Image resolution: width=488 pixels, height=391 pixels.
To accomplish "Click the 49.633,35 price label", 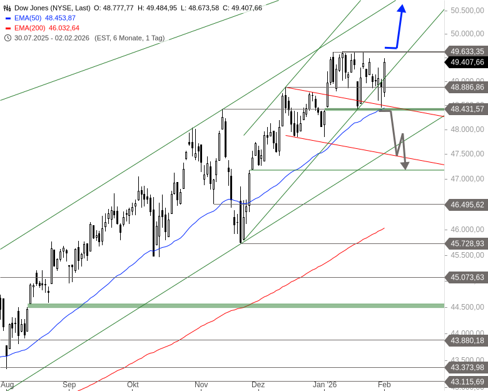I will click(467, 51).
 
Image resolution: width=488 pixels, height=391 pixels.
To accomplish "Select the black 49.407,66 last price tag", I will click(467, 62).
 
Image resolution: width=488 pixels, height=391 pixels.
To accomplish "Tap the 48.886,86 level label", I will click(467, 88).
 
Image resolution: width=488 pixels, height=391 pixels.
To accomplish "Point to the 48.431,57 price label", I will click(467, 109).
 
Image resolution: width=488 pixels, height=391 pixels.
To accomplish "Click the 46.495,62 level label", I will click(467, 205).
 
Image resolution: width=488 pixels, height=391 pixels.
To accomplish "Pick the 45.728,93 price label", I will click(467, 243).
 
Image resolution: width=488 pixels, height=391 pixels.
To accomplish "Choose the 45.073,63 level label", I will click(467, 277).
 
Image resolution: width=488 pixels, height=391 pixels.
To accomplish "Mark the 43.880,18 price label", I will click(467, 340).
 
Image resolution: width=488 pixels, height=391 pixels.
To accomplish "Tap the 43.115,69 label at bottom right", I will click(467, 382).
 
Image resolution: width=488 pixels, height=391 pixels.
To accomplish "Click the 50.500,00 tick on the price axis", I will click(467, 11).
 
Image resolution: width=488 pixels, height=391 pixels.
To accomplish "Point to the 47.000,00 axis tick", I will click(467, 179).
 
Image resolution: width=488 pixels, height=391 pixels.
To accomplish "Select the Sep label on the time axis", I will click(69, 385).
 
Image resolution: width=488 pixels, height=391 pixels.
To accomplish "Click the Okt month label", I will click(132, 385).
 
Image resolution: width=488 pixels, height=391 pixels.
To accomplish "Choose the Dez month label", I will click(258, 385).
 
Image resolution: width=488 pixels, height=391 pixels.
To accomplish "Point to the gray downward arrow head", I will click(405, 166).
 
